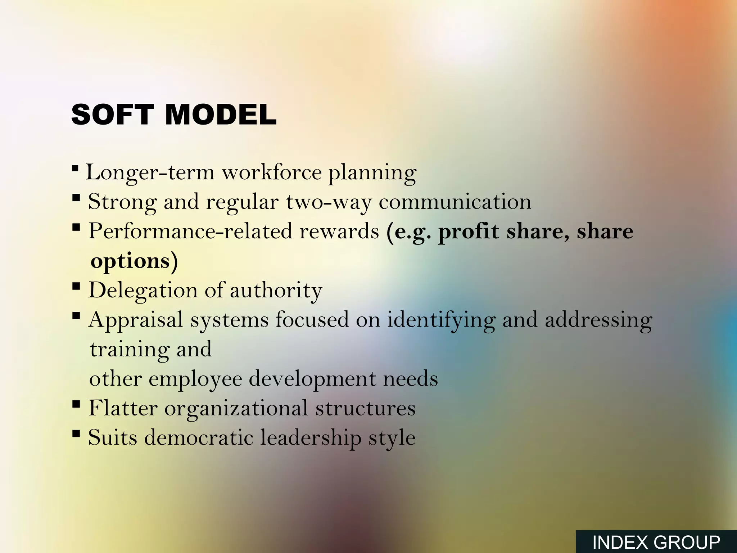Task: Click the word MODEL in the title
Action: click(x=221, y=114)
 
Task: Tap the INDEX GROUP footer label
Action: click(x=656, y=542)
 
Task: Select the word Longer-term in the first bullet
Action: click(x=150, y=172)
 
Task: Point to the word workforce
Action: click(x=271, y=172)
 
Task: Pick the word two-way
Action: click(x=329, y=202)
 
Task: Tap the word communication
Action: click(x=455, y=202)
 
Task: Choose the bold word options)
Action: click(x=134, y=261)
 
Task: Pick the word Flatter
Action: click(x=123, y=408)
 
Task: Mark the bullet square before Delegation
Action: click(x=76, y=286)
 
